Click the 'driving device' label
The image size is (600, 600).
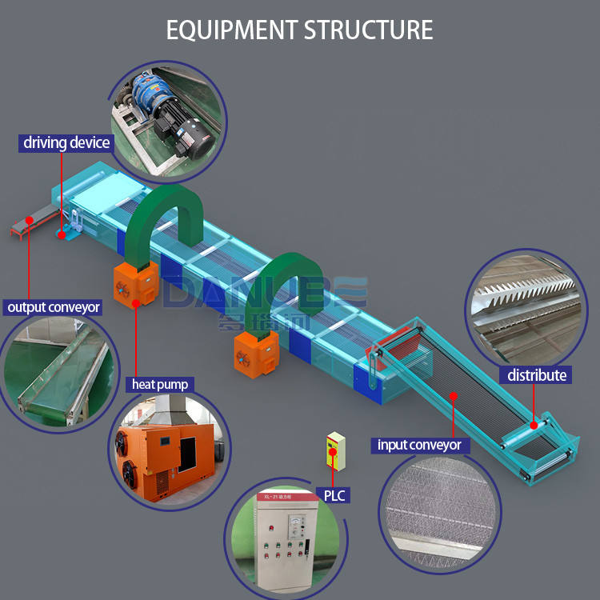(x=66, y=143)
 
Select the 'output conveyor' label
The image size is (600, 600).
(x=54, y=307)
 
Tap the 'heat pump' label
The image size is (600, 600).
(x=160, y=384)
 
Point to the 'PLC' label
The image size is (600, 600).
(x=334, y=496)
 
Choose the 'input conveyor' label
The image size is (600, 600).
(x=419, y=445)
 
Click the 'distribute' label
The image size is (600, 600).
(x=537, y=375)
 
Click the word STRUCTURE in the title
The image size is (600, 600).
(x=368, y=30)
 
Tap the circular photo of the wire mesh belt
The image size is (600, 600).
(x=439, y=512)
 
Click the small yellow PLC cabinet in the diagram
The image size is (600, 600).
(x=335, y=453)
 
